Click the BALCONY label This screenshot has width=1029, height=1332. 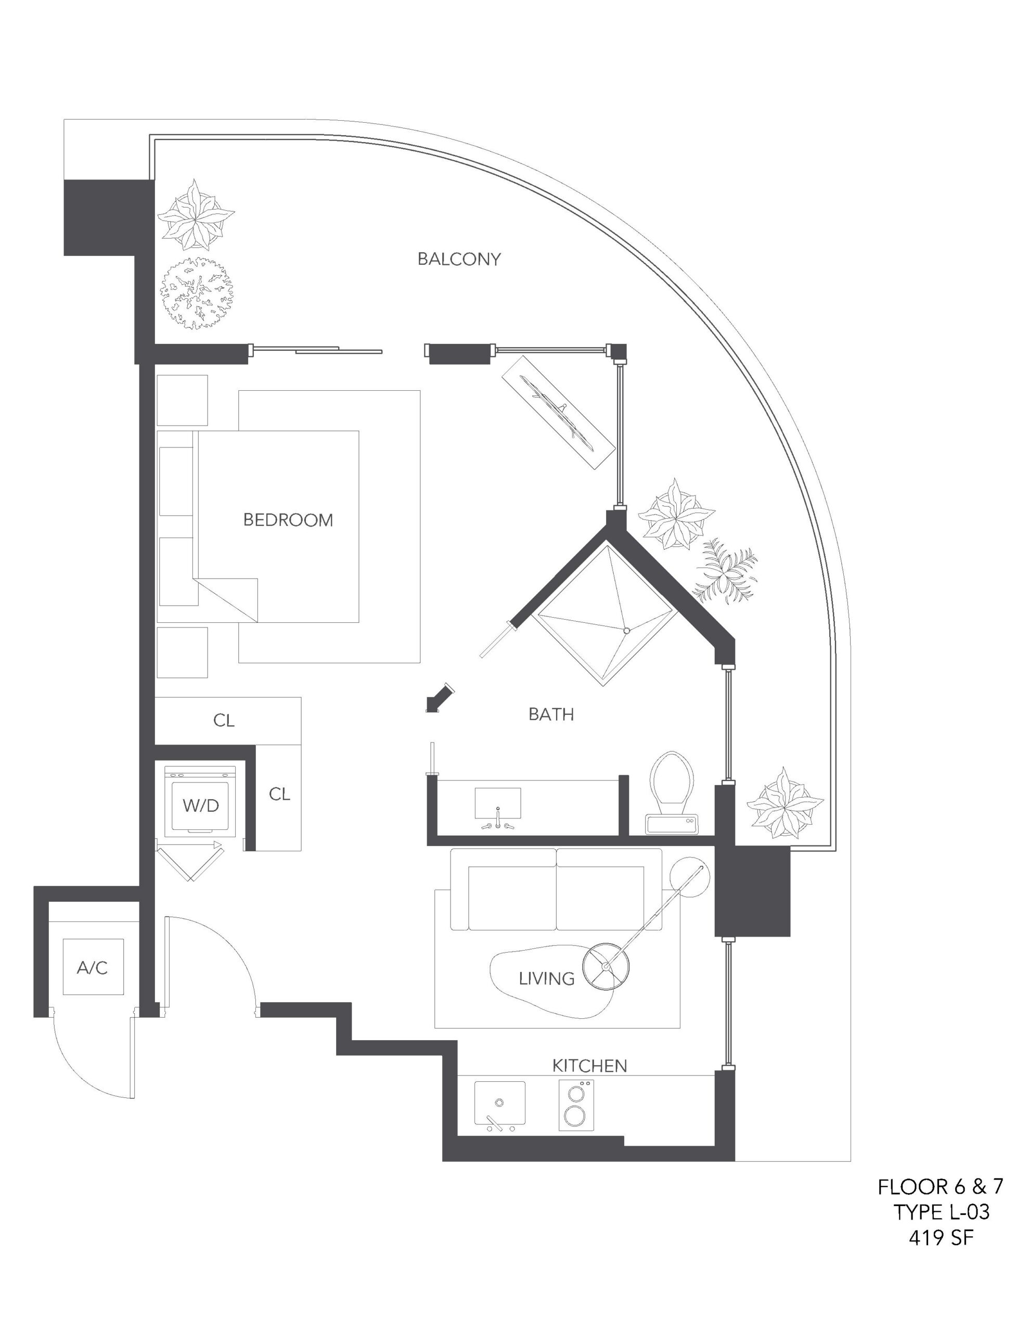coord(459,259)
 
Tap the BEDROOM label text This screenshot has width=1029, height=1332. coord(288,520)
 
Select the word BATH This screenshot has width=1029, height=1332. coord(551,714)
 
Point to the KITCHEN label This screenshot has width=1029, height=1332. coord(589,1066)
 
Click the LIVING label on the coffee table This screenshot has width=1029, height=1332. coord(547,978)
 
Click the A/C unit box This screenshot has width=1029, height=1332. coord(93,967)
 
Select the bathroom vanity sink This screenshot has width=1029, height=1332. coord(498,805)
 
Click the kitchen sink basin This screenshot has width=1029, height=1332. coord(499,1103)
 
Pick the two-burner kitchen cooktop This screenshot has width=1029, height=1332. coord(576,1105)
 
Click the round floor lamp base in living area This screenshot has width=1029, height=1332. coord(605,967)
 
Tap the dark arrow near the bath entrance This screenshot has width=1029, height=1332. coord(439,697)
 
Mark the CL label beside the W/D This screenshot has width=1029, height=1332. coord(279,794)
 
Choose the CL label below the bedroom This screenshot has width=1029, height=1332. coord(224,720)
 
